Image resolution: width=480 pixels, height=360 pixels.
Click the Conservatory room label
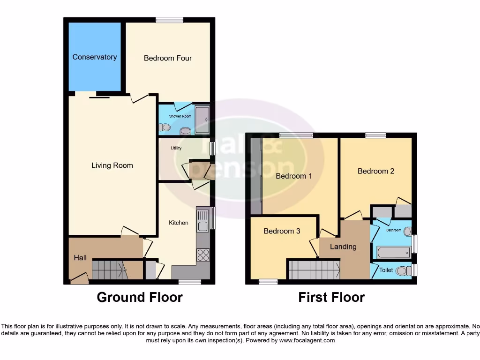click(x=94, y=57)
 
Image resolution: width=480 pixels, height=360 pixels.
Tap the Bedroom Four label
click(x=167, y=58)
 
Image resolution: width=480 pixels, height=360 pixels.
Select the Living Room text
click(x=112, y=165)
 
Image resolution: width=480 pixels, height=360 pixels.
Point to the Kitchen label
click(x=179, y=223)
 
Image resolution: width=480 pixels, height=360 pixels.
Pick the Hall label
click(x=80, y=257)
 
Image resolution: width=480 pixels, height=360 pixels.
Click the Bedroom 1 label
click(x=293, y=176)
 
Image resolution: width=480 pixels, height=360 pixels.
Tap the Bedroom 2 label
click(x=375, y=171)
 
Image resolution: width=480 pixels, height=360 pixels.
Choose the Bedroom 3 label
click(x=282, y=231)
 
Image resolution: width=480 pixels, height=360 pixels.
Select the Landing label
click(x=343, y=247)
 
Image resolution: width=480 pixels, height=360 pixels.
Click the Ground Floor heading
click(x=140, y=297)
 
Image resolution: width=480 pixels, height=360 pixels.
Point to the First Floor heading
click(x=331, y=297)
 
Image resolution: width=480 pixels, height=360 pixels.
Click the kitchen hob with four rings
click(x=203, y=255)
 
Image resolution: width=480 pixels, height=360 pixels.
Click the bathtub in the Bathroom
click(x=394, y=253)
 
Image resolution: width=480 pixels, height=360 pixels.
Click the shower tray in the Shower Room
click(x=202, y=120)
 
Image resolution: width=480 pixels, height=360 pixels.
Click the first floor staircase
click(x=313, y=270)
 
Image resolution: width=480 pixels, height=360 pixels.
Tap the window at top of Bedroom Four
click(x=169, y=20)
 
